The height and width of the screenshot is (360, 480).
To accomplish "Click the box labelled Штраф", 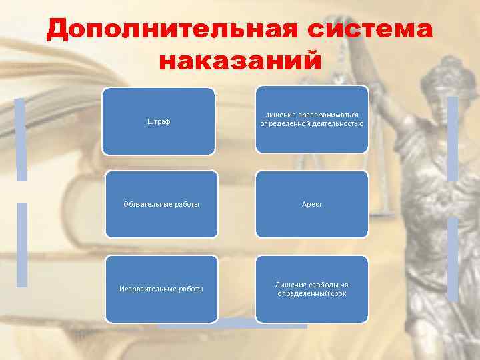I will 158,121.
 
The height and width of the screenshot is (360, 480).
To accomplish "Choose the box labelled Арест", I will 312,204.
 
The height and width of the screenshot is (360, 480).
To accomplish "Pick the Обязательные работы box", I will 161,204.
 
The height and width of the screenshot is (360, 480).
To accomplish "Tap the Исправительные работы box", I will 161,288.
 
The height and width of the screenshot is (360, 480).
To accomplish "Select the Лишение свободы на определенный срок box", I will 312,288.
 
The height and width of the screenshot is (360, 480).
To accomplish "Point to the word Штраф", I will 158,121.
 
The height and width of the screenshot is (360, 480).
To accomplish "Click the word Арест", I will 312,204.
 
